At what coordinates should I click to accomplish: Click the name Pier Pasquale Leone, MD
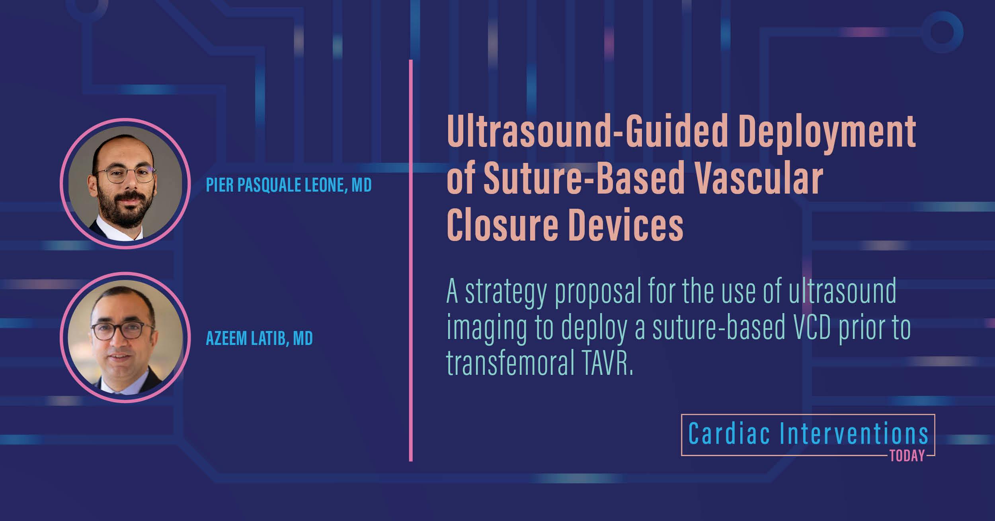[x=289, y=185]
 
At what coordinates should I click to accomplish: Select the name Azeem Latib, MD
[x=259, y=338]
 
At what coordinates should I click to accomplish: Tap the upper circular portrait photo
[x=125, y=184]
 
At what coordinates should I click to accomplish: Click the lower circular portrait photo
[x=125, y=337]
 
